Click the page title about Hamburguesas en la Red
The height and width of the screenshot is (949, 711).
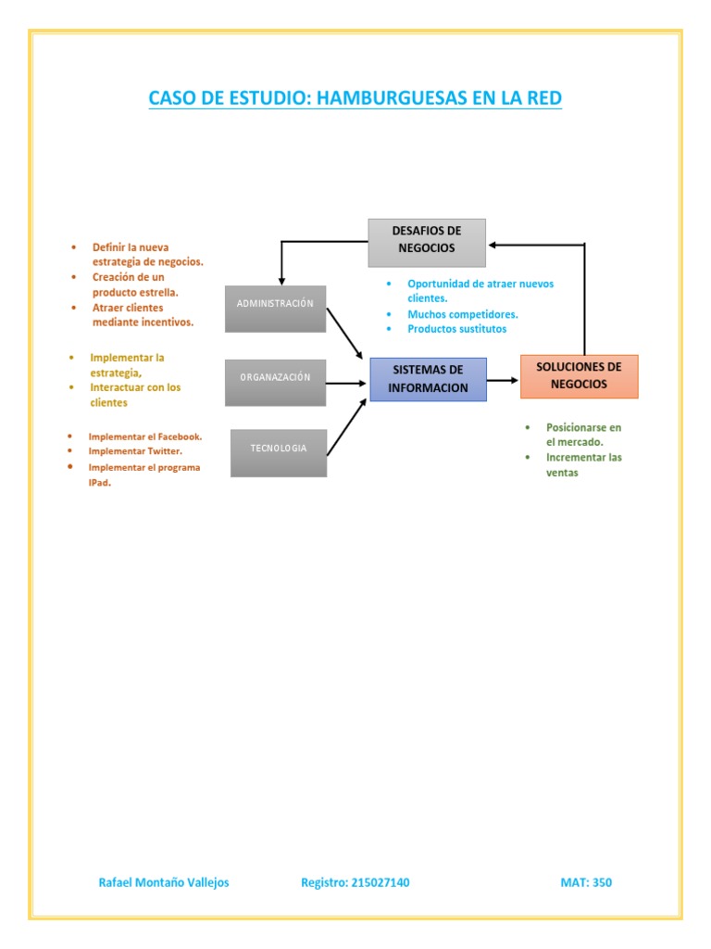[x=355, y=97]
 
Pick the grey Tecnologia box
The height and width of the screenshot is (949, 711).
[x=278, y=452]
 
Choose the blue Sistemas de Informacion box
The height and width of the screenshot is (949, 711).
[x=428, y=379]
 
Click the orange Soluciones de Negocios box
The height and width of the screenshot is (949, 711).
[x=579, y=376]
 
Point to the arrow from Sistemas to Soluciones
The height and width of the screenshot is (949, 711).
[x=503, y=380]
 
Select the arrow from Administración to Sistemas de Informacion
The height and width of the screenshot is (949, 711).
[x=344, y=333]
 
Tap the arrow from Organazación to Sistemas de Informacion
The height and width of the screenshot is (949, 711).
[x=347, y=382]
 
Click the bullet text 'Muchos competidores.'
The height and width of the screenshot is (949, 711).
[x=462, y=314]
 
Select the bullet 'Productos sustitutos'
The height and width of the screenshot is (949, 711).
[x=456, y=329]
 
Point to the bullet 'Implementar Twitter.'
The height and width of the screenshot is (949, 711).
[x=135, y=450]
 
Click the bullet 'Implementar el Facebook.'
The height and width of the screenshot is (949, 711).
[x=144, y=436]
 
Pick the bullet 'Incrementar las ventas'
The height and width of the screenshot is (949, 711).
[x=583, y=464]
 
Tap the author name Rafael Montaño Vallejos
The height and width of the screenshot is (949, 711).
[x=164, y=882]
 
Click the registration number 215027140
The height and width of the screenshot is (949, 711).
[x=355, y=882]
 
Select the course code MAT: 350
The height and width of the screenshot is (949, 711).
[x=586, y=882]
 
